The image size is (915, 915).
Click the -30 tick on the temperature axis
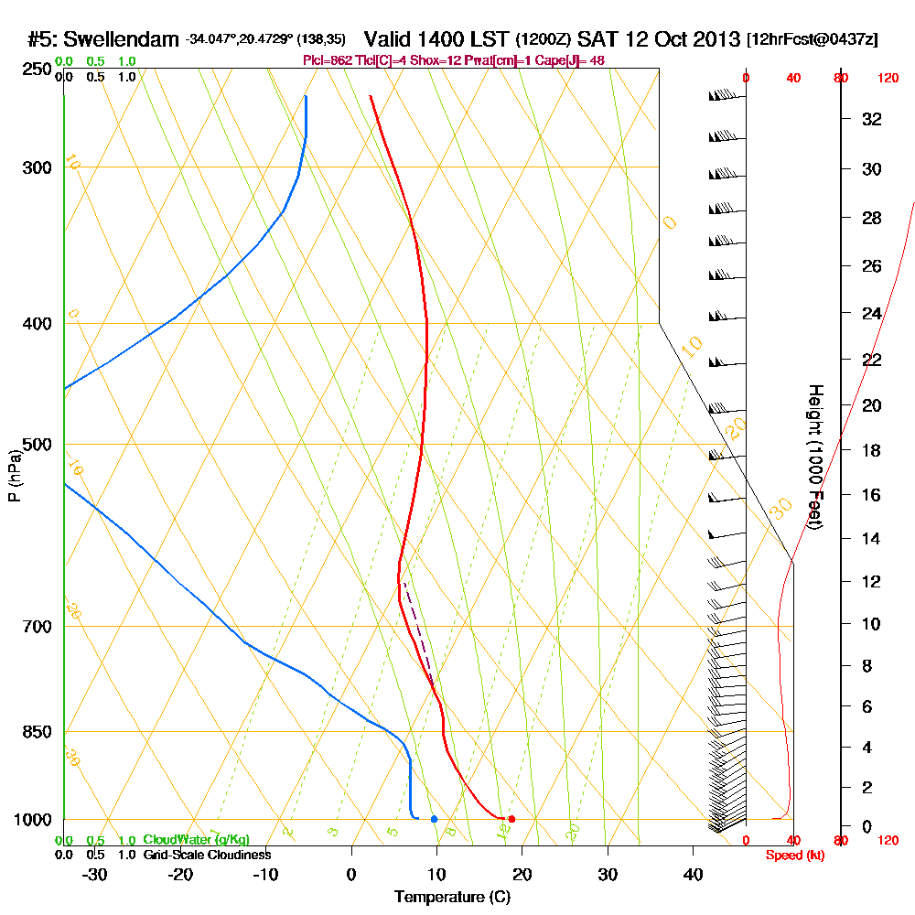point(95,874)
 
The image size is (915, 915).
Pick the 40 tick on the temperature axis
point(693,874)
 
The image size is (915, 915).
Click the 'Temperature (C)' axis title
point(452,898)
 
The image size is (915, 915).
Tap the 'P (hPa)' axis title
point(14,476)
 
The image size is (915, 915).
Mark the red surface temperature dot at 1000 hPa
point(511,819)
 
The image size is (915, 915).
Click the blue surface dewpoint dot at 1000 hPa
point(434,819)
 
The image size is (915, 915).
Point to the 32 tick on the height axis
point(873,119)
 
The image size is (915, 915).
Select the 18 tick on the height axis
point(873,450)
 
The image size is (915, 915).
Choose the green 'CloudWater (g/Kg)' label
point(196,840)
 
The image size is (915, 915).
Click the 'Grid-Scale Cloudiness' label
point(207,855)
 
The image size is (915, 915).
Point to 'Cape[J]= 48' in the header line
point(567,60)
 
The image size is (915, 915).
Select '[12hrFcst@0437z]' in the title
point(813,40)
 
